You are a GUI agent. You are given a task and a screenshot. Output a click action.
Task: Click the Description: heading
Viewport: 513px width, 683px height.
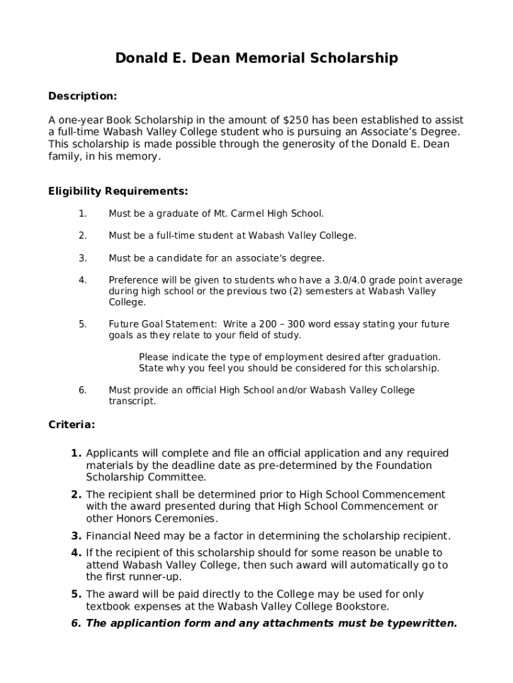click(83, 97)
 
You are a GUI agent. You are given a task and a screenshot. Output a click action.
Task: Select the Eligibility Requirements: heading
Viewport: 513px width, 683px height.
click(118, 192)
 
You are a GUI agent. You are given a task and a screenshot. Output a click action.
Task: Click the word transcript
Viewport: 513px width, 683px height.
click(132, 402)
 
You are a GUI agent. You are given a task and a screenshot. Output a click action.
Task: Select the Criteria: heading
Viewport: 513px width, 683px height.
click(71, 425)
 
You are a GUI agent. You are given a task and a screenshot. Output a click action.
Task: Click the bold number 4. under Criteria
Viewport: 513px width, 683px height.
click(77, 553)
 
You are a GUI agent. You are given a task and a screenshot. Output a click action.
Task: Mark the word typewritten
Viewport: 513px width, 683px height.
click(419, 624)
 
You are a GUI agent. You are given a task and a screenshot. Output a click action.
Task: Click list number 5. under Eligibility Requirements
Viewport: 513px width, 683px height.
click(83, 325)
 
